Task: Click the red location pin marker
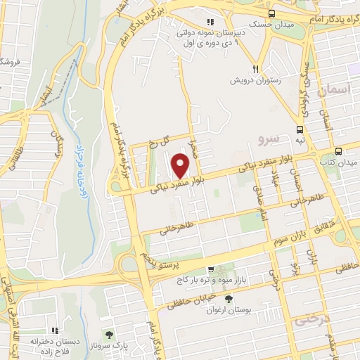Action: click(x=181, y=166)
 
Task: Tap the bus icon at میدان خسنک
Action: click(x=271, y=13)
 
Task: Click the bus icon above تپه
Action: click(x=300, y=129)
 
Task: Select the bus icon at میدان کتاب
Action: click(x=338, y=151)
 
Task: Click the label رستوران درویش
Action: click(x=256, y=81)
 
